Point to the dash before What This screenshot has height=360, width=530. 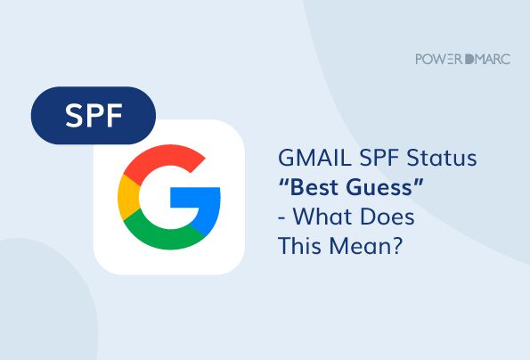285,218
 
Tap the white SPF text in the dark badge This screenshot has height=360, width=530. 94,115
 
